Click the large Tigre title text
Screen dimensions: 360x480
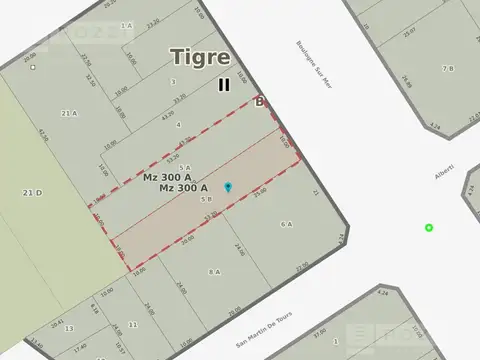200,57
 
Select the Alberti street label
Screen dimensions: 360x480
446,178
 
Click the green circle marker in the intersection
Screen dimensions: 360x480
429,228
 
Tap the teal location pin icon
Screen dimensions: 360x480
228,187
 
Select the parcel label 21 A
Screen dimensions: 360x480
69,114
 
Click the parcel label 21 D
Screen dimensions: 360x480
33,192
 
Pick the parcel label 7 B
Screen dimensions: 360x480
447,67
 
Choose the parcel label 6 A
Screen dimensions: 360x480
287,224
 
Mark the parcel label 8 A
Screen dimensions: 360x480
214,272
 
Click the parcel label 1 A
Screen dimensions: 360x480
126,25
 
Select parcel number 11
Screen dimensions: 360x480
132,326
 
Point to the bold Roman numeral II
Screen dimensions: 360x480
224,85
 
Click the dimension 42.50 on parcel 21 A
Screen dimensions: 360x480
42,133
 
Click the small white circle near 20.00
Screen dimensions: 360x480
33,68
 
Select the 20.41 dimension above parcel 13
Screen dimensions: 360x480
58,325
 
